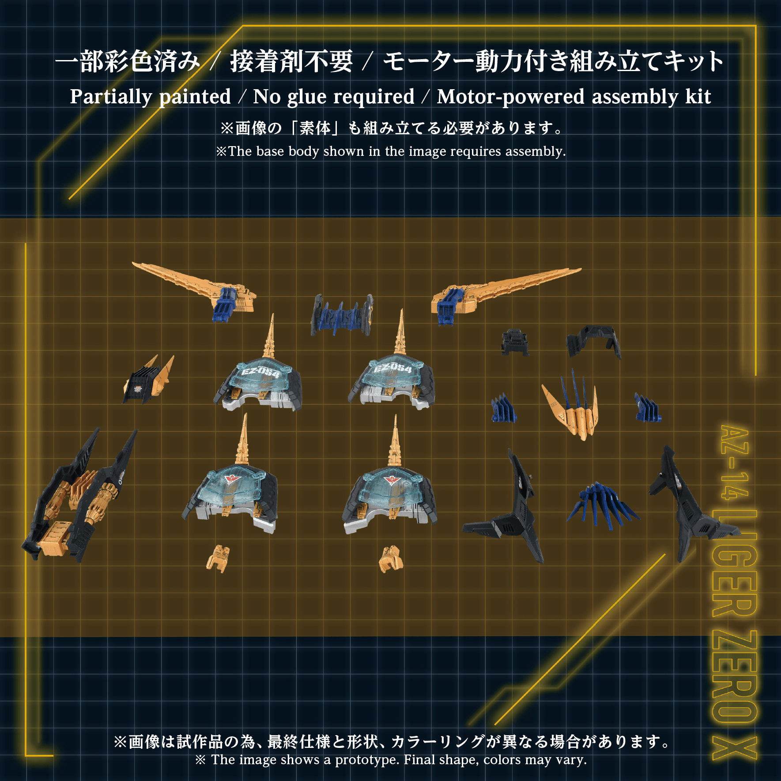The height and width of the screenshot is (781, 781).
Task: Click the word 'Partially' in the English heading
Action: [111, 97]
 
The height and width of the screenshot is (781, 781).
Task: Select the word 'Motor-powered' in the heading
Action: [511, 97]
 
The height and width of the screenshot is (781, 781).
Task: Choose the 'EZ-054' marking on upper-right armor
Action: [392, 368]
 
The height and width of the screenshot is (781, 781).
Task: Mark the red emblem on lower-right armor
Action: [390, 480]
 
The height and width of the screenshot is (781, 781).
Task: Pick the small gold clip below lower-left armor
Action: [218, 558]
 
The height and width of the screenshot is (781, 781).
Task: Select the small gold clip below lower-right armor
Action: [391, 558]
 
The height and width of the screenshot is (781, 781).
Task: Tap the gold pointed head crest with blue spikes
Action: [572, 408]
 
